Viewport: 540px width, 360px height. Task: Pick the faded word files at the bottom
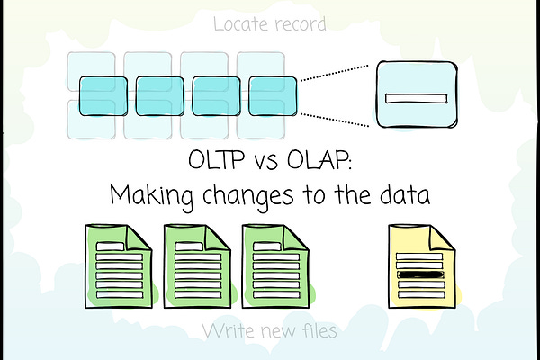pos(316,331)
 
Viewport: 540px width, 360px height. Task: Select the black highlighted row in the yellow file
pos(419,275)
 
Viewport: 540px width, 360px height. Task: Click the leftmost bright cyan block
pos(103,92)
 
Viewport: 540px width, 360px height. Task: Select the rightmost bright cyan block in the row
pos(273,92)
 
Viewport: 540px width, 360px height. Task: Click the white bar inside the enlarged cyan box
pos(415,97)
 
